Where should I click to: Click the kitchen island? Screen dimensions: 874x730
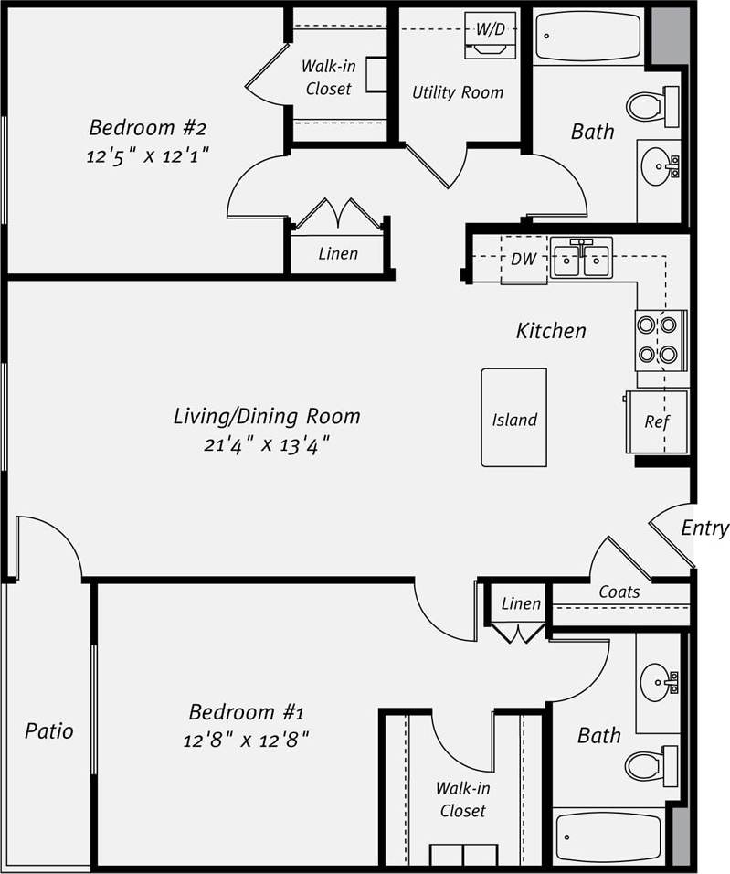[x=513, y=418]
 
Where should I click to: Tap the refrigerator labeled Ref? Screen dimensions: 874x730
[x=656, y=421]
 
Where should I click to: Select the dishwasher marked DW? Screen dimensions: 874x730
[x=524, y=260]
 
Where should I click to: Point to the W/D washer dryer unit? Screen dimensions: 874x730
[x=490, y=36]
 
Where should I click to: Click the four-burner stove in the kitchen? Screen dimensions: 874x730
[x=660, y=340]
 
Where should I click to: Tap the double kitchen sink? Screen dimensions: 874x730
[x=581, y=259]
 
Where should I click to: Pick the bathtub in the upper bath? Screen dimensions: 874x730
[x=588, y=37]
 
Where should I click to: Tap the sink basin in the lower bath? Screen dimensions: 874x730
[x=656, y=682]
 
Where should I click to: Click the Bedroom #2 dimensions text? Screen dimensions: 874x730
[x=149, y=155]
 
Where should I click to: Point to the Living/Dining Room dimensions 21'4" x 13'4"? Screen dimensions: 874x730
[x=266, y=445]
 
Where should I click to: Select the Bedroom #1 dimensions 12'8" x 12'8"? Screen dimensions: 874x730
[x=246, y=739]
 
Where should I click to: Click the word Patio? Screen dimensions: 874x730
[x=48, y=731]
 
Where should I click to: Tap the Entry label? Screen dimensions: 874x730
[x=704, y=528]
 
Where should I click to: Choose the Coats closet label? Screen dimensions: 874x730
[x=619, y=592]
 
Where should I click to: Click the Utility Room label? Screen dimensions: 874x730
[x=457, y=92]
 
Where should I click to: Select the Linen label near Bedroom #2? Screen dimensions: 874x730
[x=337, y=254]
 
